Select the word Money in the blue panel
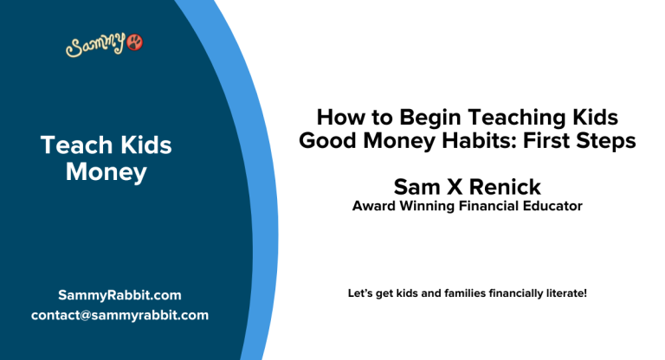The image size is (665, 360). click(107, 171)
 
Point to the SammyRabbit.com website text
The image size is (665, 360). click(119, 295)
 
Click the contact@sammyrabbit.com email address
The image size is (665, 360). click(119, 315)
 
